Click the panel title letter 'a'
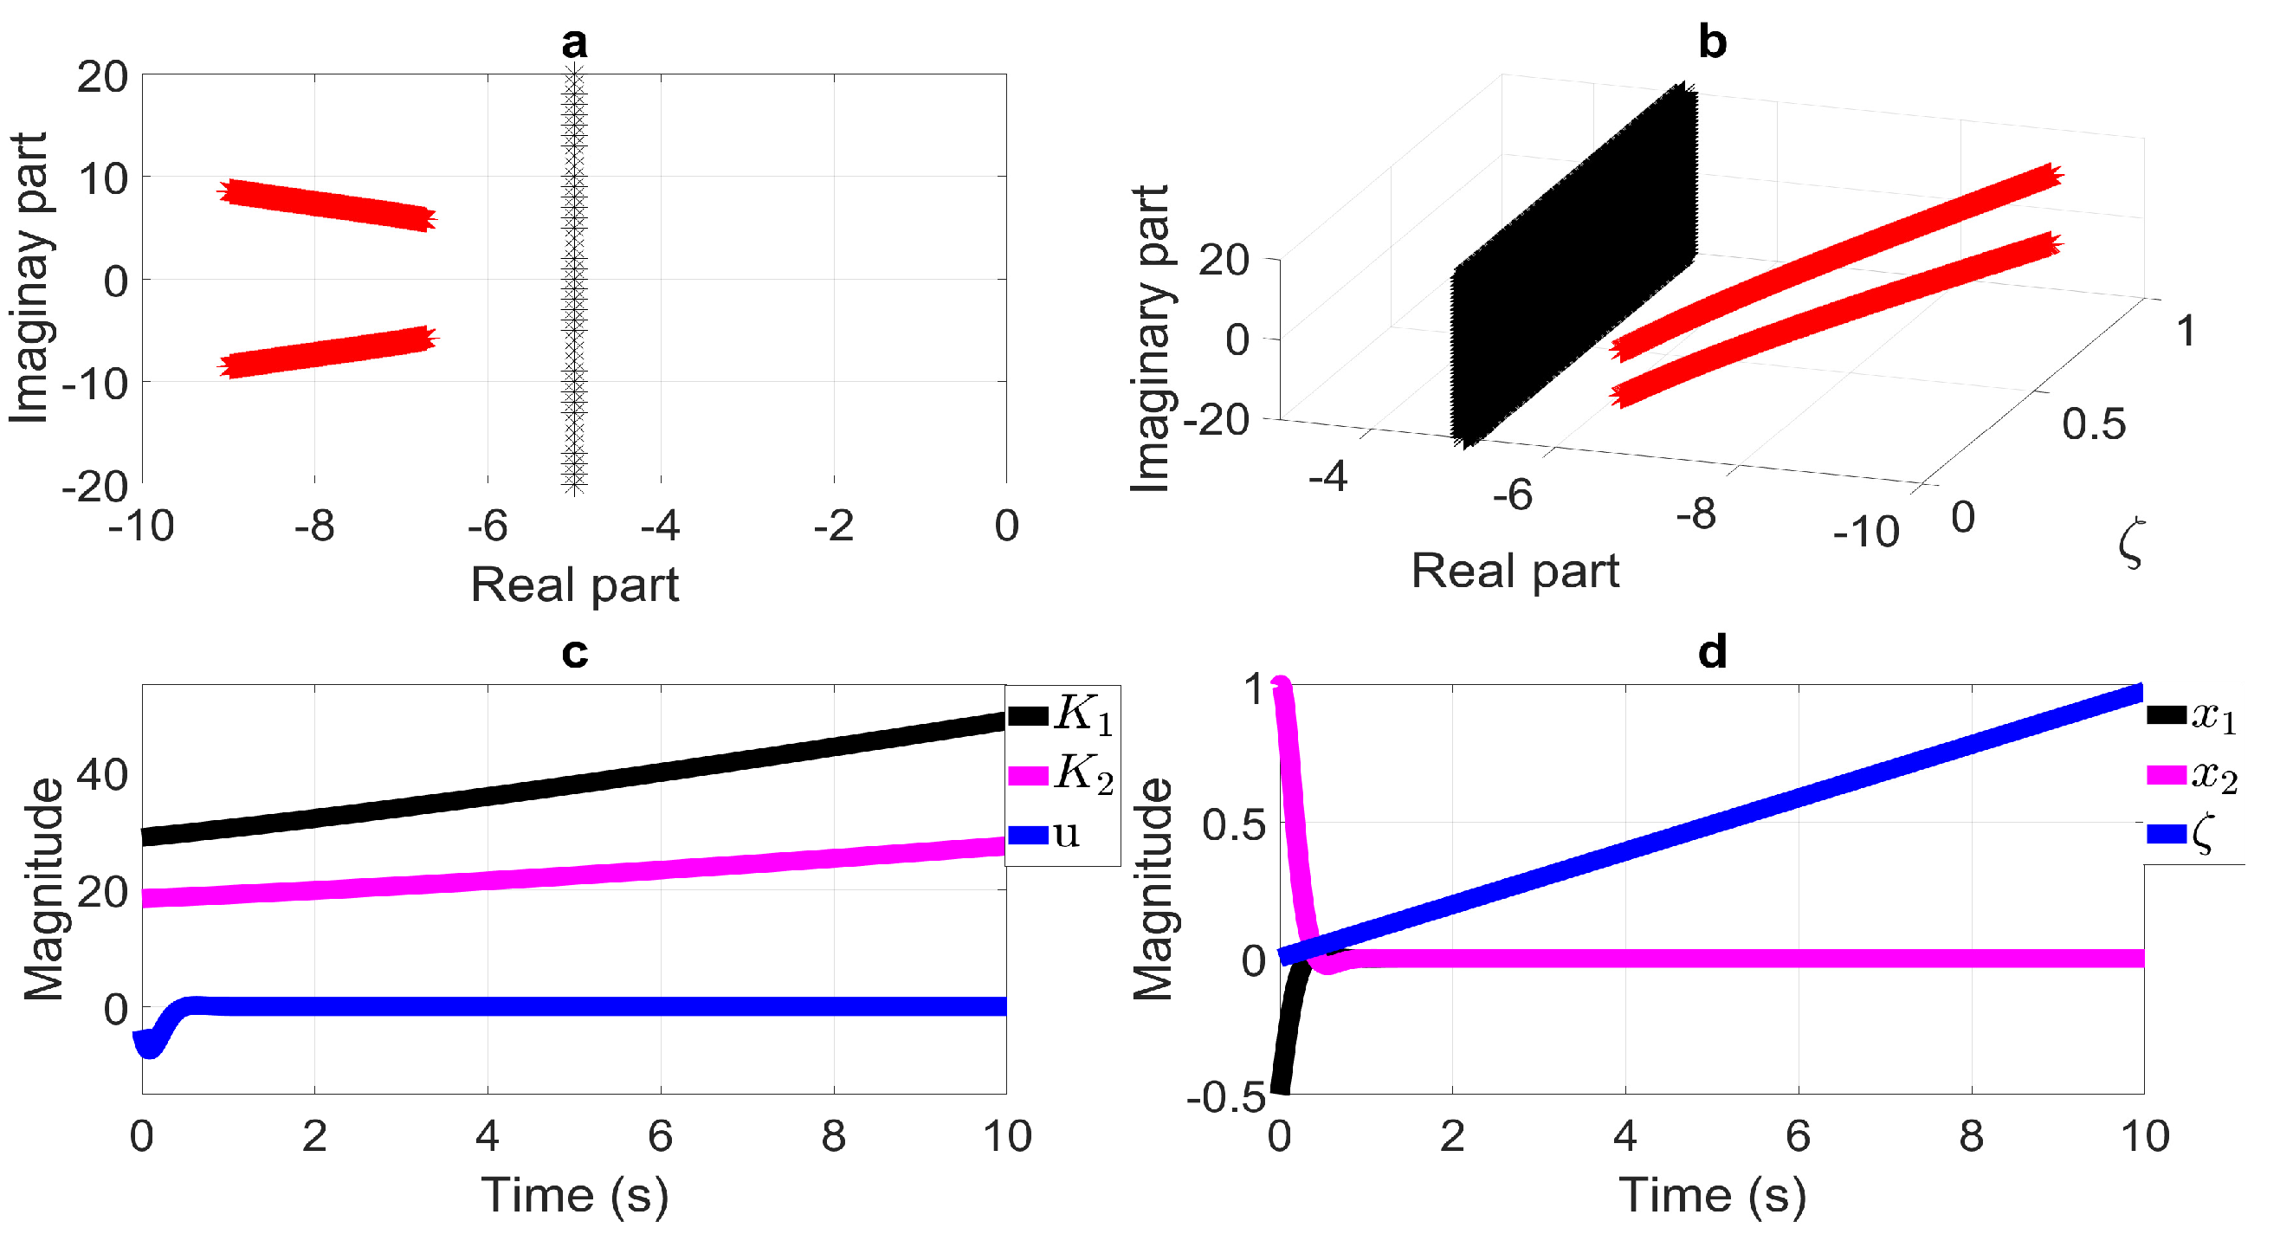click(574, 42)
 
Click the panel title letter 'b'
click(1712, 42)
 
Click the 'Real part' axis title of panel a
click(574, 585)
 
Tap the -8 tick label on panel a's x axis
click(314, 527)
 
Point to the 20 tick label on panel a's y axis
click(102, 78)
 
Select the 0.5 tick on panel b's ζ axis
click(2093, 424)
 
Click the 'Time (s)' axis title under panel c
click(574, 1196)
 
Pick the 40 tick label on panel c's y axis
click(102, 775)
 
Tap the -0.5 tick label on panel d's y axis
click(1226, 1098)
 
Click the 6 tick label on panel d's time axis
click(1798, 1137)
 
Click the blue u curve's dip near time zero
click(150, 1047)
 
